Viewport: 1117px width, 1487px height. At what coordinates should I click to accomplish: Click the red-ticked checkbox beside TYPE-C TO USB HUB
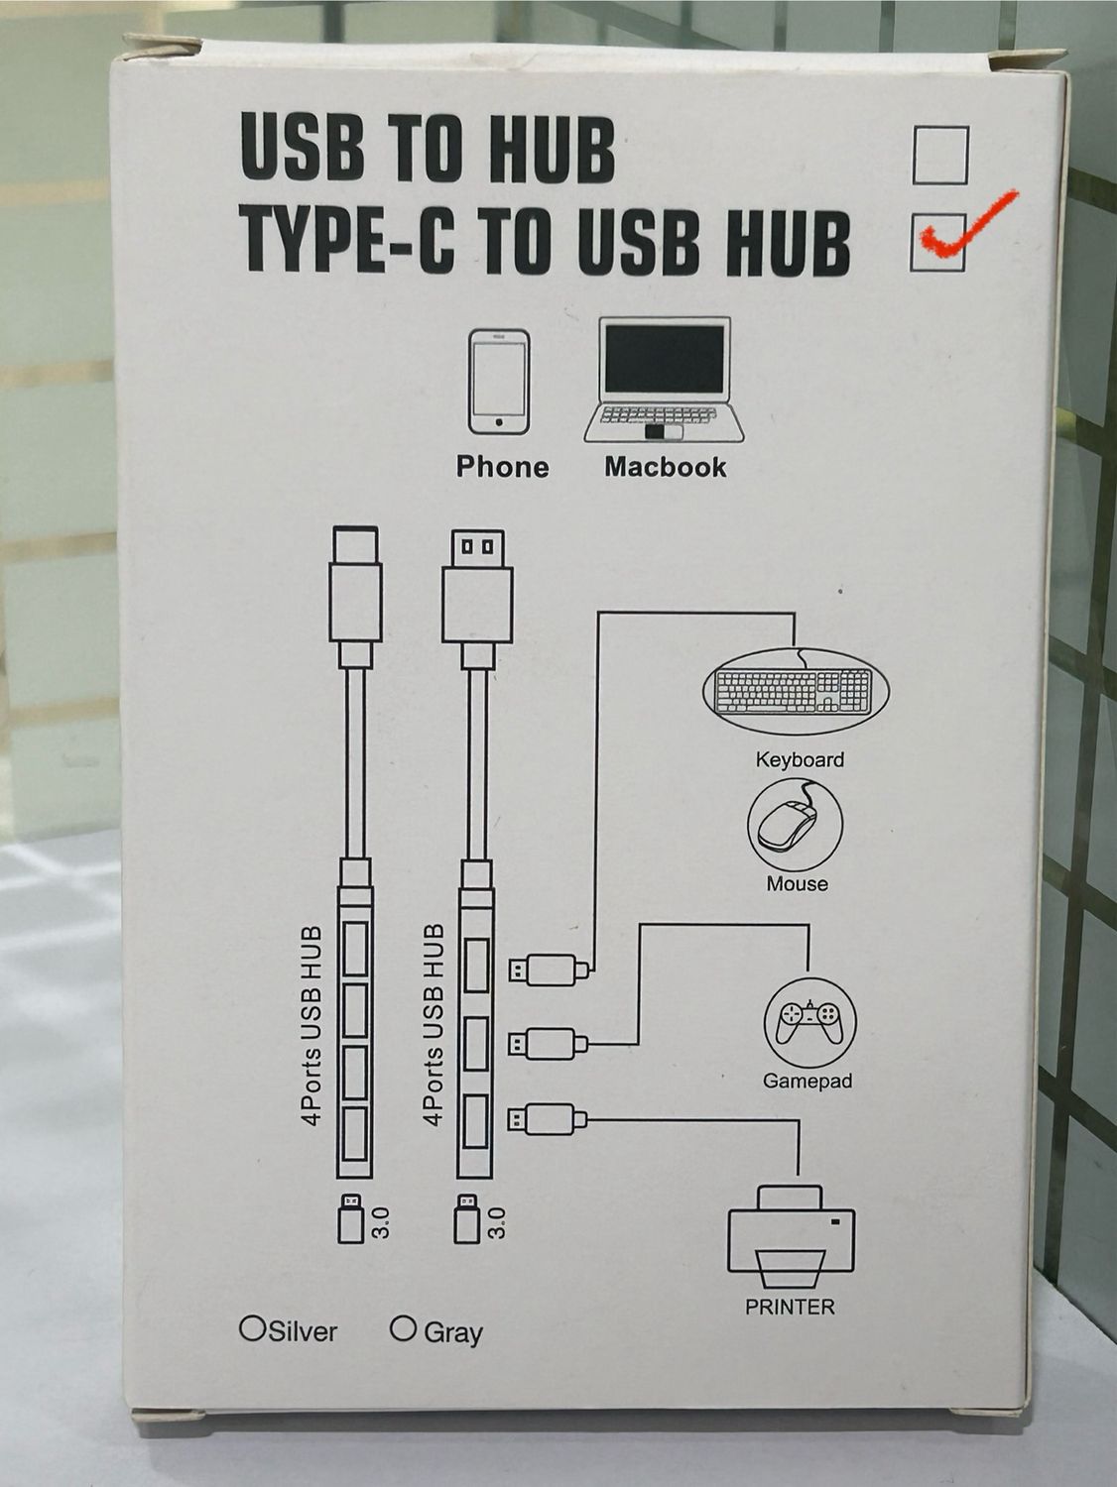tap(936, 242)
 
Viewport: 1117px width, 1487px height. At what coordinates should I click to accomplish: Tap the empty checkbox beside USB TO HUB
tap(939, 156)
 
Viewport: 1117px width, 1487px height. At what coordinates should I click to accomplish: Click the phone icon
tap(499, 382)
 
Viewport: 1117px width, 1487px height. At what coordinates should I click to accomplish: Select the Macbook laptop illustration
tap(664, 381)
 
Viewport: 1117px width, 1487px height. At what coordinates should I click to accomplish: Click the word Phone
tap(502, 467)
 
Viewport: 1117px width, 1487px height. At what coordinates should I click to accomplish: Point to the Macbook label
tap(665, 467)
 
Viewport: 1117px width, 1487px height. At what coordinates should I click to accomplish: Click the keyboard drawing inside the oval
tap(796, 692)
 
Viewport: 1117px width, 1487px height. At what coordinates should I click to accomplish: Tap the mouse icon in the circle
tap(794, 824)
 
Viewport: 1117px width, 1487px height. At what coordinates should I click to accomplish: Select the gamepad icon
tap(808, 1022)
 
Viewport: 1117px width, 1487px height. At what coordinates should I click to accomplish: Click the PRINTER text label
tap(790, 1307)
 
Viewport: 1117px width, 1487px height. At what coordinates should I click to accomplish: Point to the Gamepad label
tap(807, 1081)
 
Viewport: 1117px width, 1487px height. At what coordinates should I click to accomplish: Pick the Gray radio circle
tap(402, 1328)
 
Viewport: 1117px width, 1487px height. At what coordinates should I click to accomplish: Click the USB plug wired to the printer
tap(547, 1120)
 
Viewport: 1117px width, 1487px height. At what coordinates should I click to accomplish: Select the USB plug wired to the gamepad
tap(547, 1044)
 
